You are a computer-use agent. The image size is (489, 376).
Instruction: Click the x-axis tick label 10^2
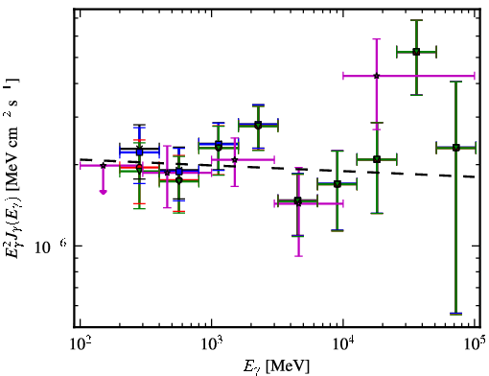pyautogui.click(x=80, y=343)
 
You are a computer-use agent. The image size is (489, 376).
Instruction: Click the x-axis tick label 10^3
pyautogui.click(x=212, y=343)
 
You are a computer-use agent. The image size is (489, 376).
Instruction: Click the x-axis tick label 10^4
pyautogui.click(x=343, y=343)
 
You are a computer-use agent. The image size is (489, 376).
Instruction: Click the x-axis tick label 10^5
pyautogui.click(x=475, y=343)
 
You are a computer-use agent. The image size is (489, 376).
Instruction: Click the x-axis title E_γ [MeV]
pyautogui.click(x=276, y=366)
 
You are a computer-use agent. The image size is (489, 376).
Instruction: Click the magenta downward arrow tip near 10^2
pyautogui.click(x=103, y=192)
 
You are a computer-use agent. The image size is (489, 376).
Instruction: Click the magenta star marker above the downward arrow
pyautogui.click(x=103, y=166)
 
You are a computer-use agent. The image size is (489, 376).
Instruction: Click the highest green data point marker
pyautogui.click(x=416, y=52)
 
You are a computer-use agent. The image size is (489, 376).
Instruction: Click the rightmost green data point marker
pyautogui.click(x=456, y=148)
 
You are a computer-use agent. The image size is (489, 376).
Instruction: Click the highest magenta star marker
pyautogui.click(x=377, y=76)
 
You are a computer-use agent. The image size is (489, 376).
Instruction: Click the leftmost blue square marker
pyautogui.click(x=139, y=153)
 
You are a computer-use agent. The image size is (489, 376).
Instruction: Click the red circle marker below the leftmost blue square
pyautogui.click(x=139, y=167)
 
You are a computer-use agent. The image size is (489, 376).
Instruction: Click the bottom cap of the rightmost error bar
pyautogui.click(x=456, y=314)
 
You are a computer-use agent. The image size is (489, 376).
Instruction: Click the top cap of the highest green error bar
pyautogui.click(x=416, y=20)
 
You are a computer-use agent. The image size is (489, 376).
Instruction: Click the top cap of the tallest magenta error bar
pyautogui.click(x=377, y=39)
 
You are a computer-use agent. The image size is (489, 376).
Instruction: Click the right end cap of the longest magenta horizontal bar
pyautogui.click(x=475, y=76)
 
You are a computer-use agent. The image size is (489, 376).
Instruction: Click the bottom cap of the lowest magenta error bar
pyautogui.click(x=298, y=256)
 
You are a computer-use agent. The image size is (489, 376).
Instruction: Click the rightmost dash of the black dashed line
pyautogui.click(x=470, y=176)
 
